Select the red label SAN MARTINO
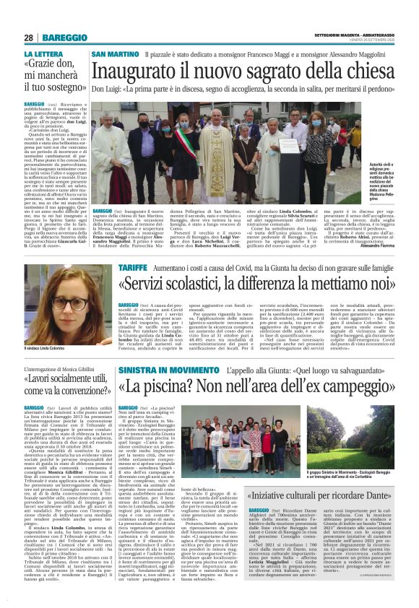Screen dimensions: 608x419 point(113,55)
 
